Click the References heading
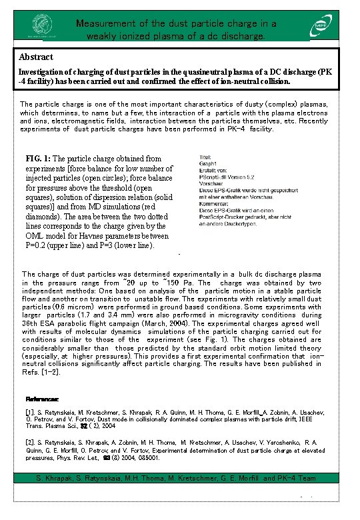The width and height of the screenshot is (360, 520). pos(43,399)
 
